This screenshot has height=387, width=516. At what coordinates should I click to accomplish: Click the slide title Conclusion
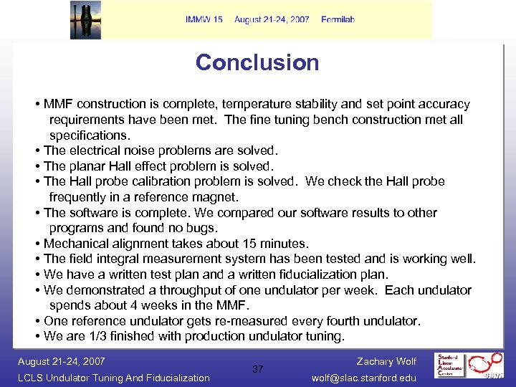pyautogui.click(x=257, y=62)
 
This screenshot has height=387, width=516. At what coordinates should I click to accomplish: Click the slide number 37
pyautogui.click(x=258, y=369)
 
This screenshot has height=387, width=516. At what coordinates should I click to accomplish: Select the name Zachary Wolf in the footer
pyautogui.click(x=386, y=361)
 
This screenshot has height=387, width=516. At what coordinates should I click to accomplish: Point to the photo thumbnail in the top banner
pyautogui.click(x=85, y=20)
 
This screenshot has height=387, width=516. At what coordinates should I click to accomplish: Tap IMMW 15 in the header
pyautogui.click(x=204, y=19)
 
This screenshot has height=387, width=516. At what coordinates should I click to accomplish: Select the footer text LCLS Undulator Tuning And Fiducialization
pyautogui.click(x=113, y=378)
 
